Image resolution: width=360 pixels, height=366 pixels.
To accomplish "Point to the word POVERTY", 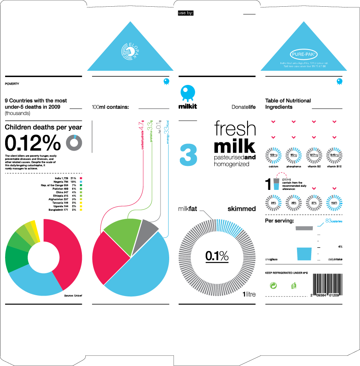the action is [x=12, y=84].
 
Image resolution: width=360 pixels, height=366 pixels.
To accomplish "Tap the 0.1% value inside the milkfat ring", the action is [x=217, y=256].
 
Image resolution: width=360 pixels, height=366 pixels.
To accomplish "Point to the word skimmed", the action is [x=242, y=209].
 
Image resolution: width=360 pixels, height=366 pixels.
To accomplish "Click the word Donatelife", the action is [x=244, y=107].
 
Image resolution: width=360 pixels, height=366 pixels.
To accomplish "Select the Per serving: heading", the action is [x=280, y=222].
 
